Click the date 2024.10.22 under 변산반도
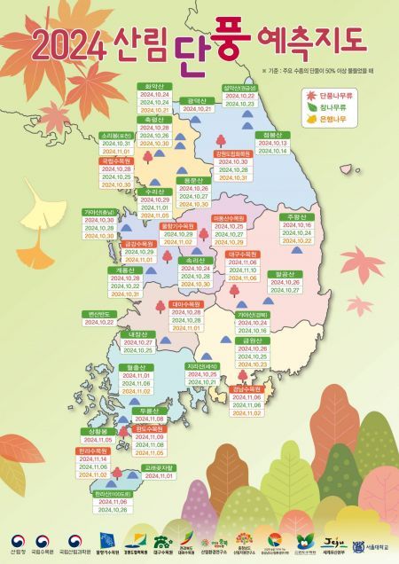101,323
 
